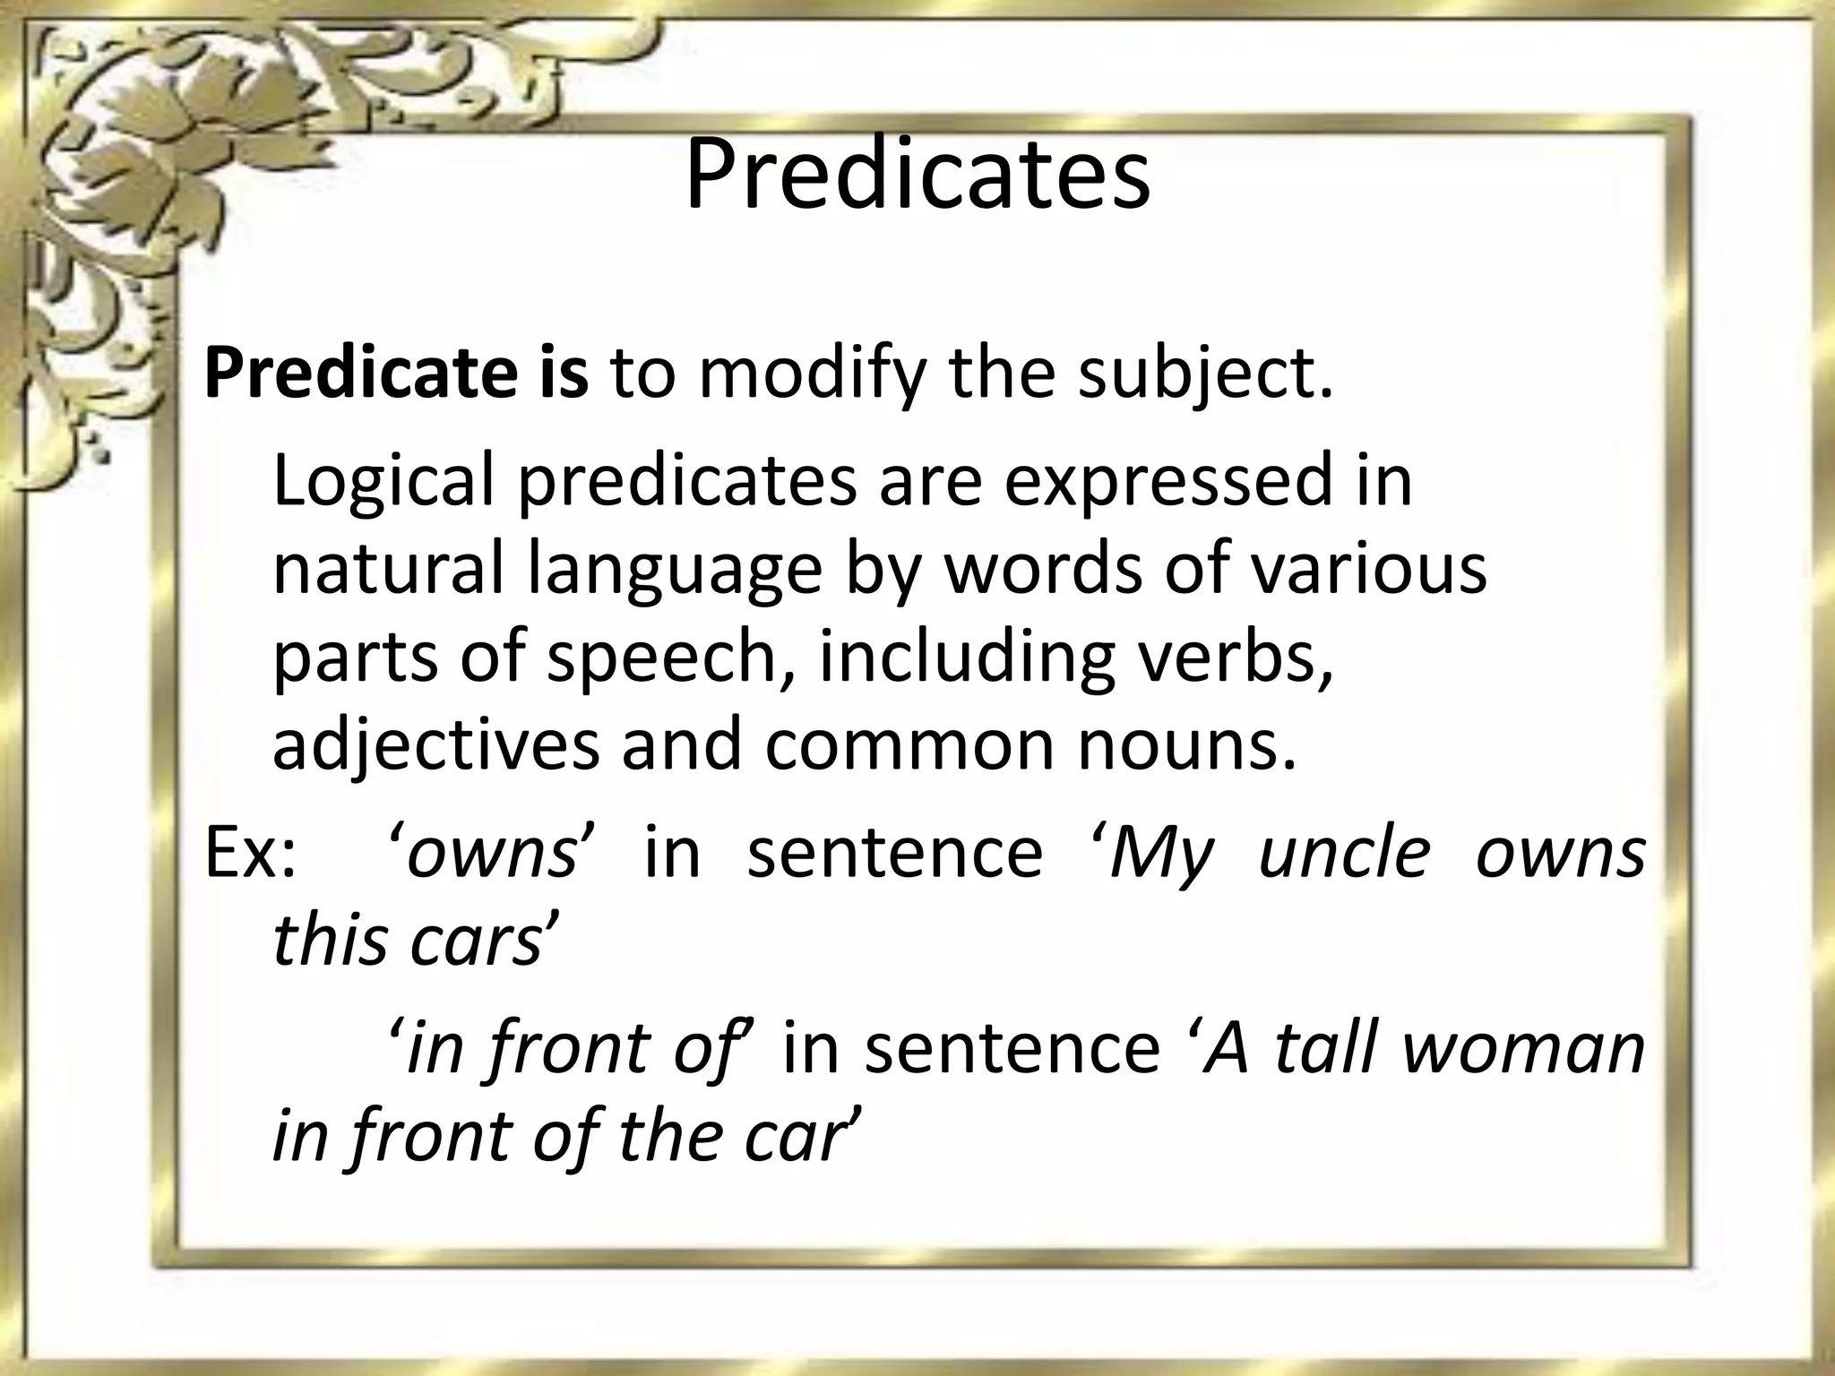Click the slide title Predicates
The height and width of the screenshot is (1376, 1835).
click(x=917, y=174)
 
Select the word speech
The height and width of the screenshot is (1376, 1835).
click(x=663, y=658)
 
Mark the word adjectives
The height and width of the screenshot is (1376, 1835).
click(x=435, y=745)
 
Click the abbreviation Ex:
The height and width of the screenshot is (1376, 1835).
click(x=249, y=853)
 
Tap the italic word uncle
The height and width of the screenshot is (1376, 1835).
click(x=1344, y=853)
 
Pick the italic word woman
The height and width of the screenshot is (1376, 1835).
click(x=1523, y=1048)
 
